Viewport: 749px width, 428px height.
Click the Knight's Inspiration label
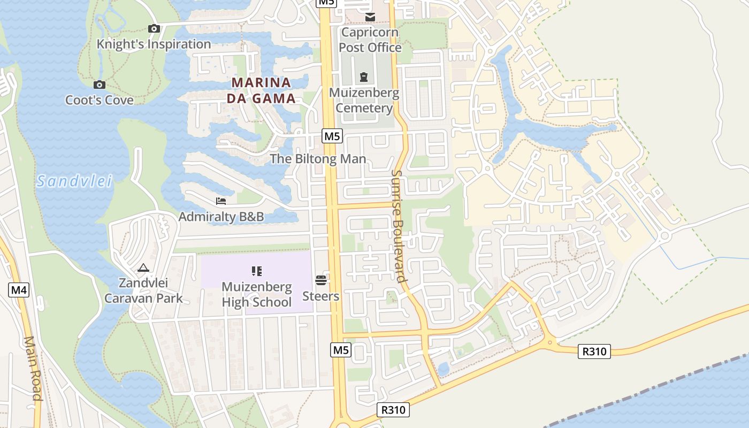click(x=154, y=44)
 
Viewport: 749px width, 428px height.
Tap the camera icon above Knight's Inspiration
click(x=154, y=28)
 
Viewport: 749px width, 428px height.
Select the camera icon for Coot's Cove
click(x=99, y=85)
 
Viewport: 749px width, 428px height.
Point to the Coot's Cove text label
click(x=100, y=100)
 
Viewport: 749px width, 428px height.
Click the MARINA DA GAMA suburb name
click(x=262, y=90)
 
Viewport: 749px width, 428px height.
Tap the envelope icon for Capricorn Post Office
click(x=370, y=17)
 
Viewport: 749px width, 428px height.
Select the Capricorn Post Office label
click(x=370, y=40)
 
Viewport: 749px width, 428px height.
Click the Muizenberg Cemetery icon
click(x=364, y=77)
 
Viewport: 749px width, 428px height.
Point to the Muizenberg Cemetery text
click(x=364, y=101)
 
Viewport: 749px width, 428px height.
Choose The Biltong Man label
click(x=318, y=159)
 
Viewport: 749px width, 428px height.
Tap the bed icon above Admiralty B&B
click(x=221, y=201)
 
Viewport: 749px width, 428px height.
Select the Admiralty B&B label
click(x=221, y=217)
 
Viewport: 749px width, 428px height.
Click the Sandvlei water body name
click(x=75, y=181)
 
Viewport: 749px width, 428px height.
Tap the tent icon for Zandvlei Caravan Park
click(x=143, y=267)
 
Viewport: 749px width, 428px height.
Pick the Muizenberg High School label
click(x=257, y=294)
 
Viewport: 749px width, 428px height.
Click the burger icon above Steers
click(x=321, y=280)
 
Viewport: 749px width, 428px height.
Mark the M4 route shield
click(x=19, y=291)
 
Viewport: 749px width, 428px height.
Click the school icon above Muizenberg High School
click(x=256, y=271)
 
